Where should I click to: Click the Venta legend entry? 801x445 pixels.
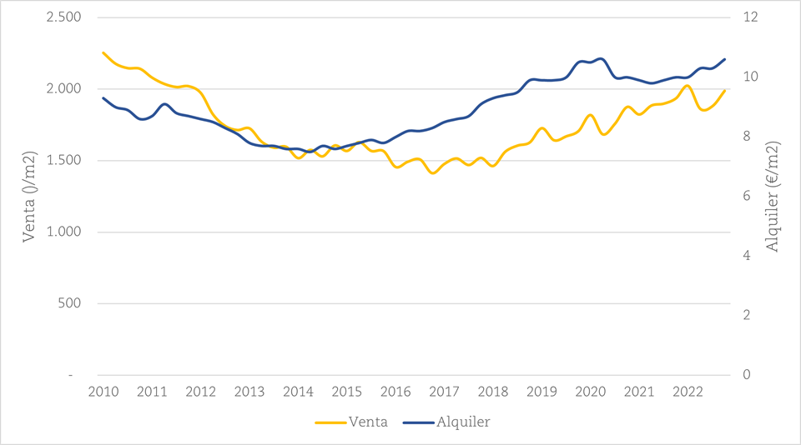pyautogui.click(x=370, y=422)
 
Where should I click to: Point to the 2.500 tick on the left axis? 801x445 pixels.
pyautogui.click(x=63, y=17)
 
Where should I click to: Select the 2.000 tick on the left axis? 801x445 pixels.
pyautogui.click(x=63, y=89)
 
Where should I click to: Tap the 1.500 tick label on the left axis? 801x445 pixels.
pyautogui.click(x=63, y=161)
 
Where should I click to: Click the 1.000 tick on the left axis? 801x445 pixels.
pyautogui.click(x=63, y=232)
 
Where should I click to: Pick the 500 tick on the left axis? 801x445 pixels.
pyautogui.click(x=69, y=303)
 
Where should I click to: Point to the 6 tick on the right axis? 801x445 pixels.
pyautogui.click(x=744, y=197)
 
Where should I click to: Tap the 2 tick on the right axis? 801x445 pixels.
pyautogui.click(x=744, y=316)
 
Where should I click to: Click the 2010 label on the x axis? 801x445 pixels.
pyautogui.click(x=103, y=392)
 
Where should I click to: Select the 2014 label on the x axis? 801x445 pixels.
pyautogui.click(x=298, y=392)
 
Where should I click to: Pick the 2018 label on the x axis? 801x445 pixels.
pyautogui.click(x=493, y=392)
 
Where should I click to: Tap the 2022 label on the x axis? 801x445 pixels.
pyautogui.click(x=688, y=392)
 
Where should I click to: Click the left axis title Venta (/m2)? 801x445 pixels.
pyautogui.click(x=28, y=197)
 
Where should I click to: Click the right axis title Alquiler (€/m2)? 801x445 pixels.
pyautogui.click(x=774, y=197)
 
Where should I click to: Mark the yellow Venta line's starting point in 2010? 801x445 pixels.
pyautogui.click(x=103, y=52)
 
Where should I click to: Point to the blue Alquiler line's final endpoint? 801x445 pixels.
pyautogui.click(x=724, y=59)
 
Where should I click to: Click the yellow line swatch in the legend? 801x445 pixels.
pyautogui.click(x=331, y=422)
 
